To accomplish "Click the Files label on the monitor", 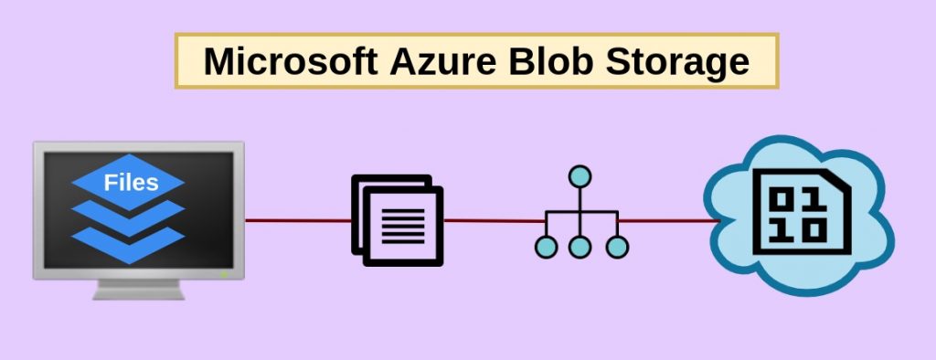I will [x=131, y=182].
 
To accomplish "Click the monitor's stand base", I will [x=139, y=291].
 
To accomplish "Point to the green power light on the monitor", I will [x=223, y=273].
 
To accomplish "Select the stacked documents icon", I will [x=397, y=220].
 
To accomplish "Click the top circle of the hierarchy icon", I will [x=579, y=176].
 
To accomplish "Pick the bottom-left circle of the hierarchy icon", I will [x=546, y=246].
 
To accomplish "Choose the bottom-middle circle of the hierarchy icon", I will [x=579, y=246].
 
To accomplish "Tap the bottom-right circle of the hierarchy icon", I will [x=618, y=246].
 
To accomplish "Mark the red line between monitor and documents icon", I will [x=298, y=220].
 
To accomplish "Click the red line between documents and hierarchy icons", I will [x=494, y=220].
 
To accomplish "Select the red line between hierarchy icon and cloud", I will [x=667, y=220].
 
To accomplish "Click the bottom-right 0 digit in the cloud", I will [x=811, y=231].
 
